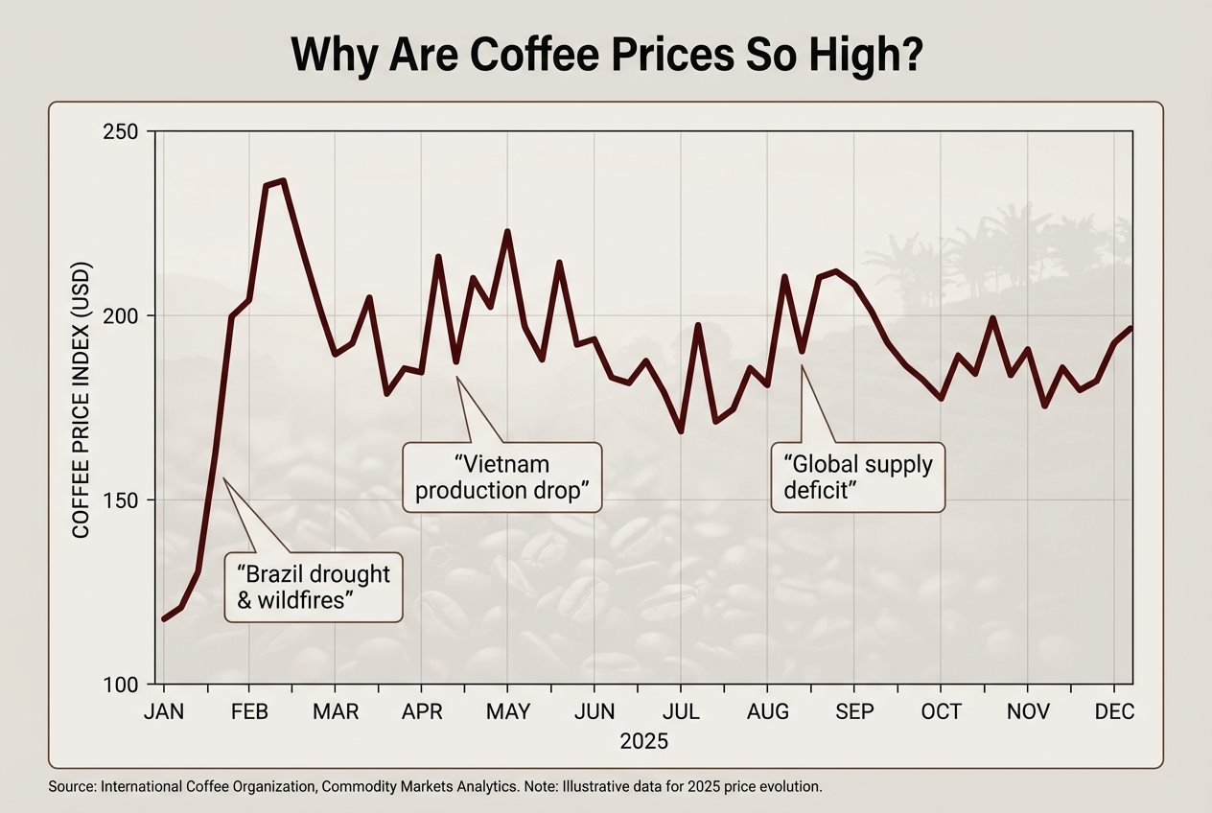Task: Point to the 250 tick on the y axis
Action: [122, 131]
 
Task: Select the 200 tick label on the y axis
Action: [122, 315]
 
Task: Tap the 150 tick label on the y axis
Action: [122, 500]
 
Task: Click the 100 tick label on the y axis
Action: [122, 685]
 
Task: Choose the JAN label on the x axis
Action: [164, 712]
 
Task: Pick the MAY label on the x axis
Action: [508, 712]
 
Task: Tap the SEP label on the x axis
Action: [854, 712]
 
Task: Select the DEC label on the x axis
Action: [1114, 712]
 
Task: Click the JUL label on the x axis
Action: [681, 712]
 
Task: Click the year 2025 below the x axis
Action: [644, 741]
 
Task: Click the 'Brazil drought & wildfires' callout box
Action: [313, 587]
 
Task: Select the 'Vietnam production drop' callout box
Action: [501, 477]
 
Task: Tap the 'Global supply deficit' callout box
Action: [858, 477]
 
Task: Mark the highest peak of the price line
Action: [282, 180]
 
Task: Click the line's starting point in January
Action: [164, 618]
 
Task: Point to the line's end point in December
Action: [1131, 329]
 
